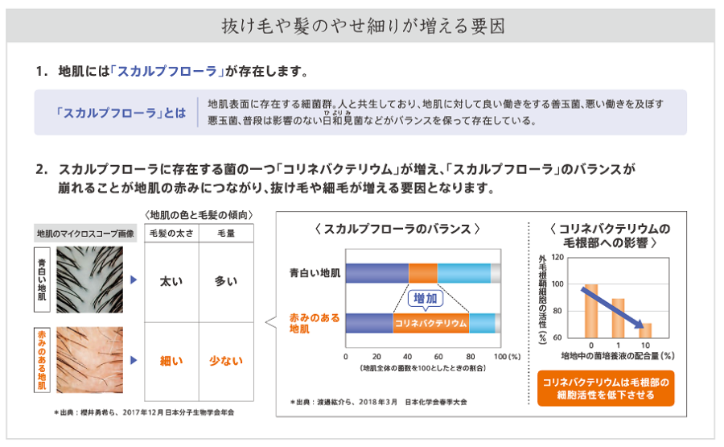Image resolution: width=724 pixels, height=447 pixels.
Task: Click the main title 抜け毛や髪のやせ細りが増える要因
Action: (363, 26)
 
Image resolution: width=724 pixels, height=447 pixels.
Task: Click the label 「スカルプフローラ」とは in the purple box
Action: (121, 112)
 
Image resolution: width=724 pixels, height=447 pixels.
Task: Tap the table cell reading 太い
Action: (171, 281)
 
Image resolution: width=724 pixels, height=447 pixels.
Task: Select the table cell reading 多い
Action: (226, 281)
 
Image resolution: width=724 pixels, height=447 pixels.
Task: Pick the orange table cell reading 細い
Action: (171, 361)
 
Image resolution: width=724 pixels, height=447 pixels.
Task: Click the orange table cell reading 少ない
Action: (226, 361)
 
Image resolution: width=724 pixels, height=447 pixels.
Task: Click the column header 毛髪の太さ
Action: (171, 233)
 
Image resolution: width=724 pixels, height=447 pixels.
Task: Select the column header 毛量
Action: (226, 233)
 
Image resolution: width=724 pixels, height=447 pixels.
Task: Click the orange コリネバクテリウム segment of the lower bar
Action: (431, 323)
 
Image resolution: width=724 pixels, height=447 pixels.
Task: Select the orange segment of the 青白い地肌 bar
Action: (422, 273)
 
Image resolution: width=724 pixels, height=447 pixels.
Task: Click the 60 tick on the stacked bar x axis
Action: (438, 355)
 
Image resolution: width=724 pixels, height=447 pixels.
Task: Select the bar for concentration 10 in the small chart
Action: (646, 330)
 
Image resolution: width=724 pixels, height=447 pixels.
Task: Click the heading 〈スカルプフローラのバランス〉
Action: (397, 229)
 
